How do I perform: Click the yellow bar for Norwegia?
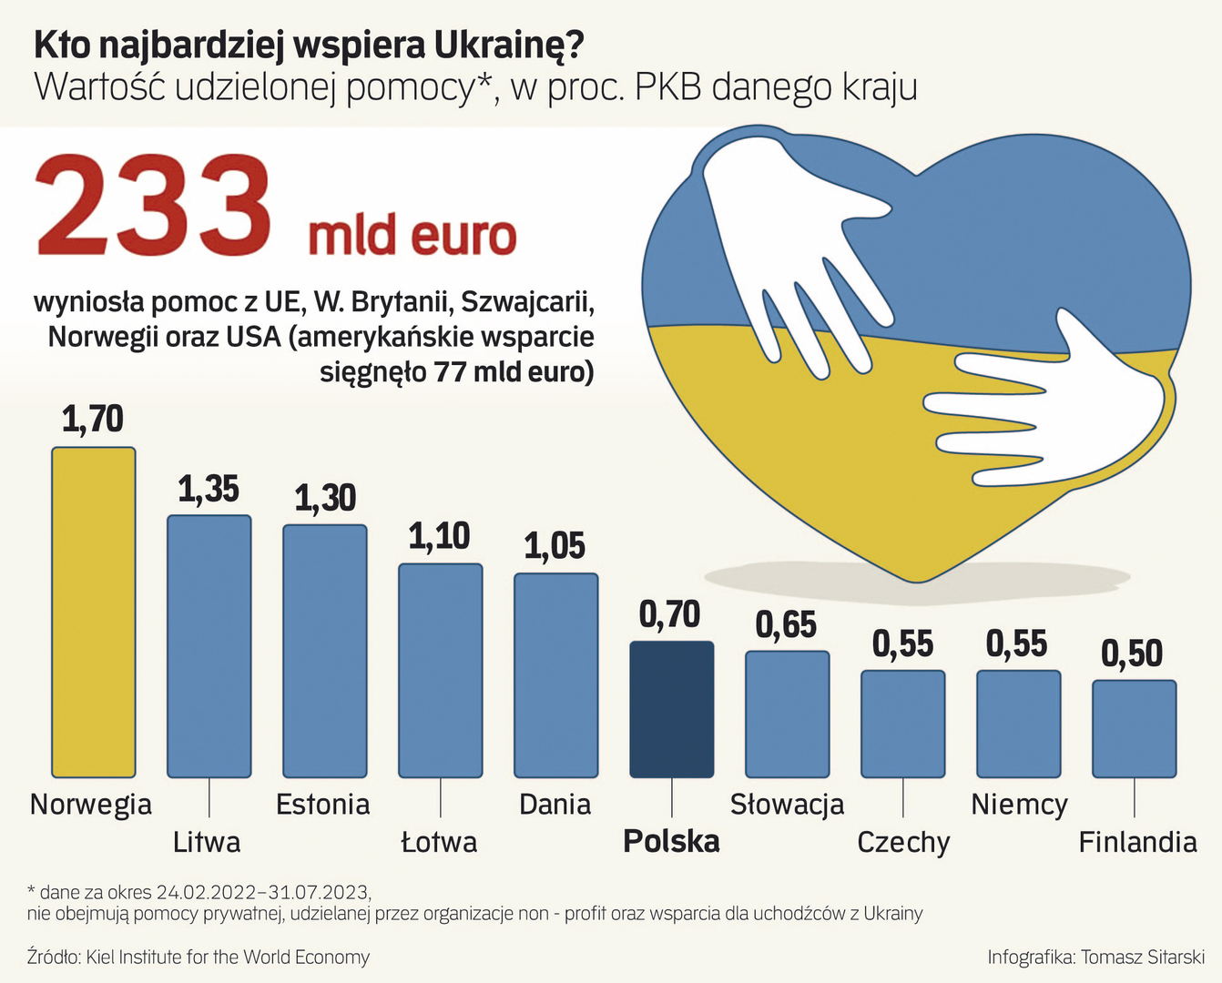click(x=93, y=612)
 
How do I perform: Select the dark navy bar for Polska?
click(x=672, y=709)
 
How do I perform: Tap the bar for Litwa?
click(x=209, y=646)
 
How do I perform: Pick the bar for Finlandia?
click(x=1134, y=728)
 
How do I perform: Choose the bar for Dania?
click(x=555, y=675)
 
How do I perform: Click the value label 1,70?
click(x=93, y=420)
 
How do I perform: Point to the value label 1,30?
click(x=325, y=498)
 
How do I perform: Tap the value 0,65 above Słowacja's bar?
click(x=787, y=624)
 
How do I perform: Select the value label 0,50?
click(x=1133, y=654)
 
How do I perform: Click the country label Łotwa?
click(x=439, y=842)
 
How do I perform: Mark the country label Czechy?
click(x=903, y=842)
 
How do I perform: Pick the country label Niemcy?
click(x=1019, y=805)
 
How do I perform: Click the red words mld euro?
click(x=412, y=236)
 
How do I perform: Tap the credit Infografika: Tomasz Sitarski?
click(x=1095, y=958)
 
